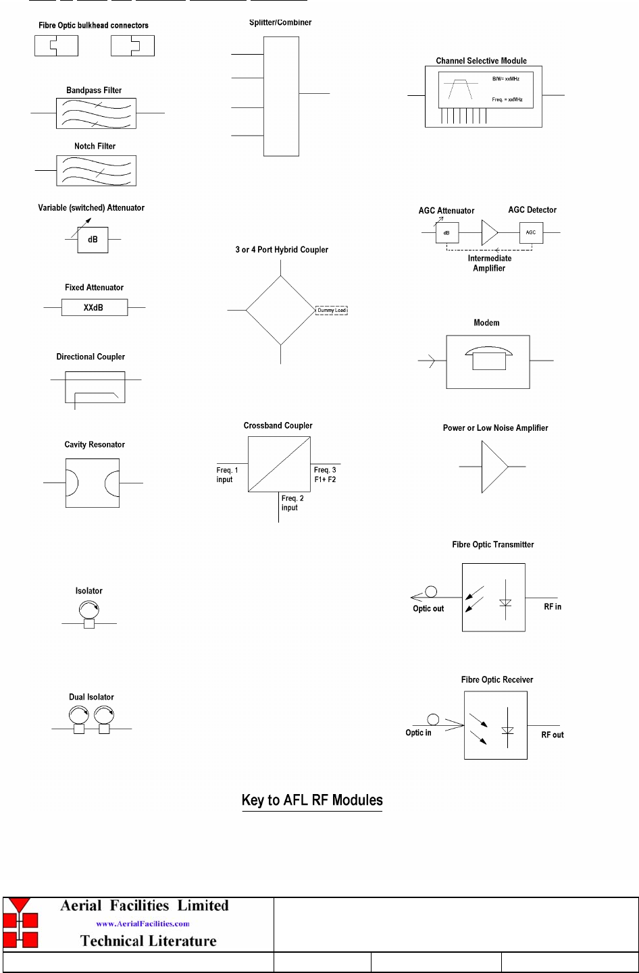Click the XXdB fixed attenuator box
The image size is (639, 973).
click(x=95, y=308)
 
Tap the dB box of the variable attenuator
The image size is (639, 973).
click(x=93, y=240)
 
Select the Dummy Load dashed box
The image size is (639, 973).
click(x=332, y=311)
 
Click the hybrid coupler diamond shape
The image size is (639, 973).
click(x=280, y=311)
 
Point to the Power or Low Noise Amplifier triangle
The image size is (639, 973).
click(x=492, y=467)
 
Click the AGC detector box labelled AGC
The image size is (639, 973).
click(x=531, y=232)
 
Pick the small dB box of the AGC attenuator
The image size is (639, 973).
click(x=447, y=233)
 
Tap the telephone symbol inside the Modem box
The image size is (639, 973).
click(x=489, y=359)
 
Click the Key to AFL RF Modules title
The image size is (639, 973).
click(x=312, y=800)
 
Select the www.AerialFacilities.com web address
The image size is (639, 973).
click(x=143, y=924)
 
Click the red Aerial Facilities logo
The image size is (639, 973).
click(x=20, y=923)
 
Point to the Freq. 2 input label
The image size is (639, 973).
click(x=292, y=503)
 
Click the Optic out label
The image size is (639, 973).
click(x=428, y=608)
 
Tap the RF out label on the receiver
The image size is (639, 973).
click(x=553, y=735)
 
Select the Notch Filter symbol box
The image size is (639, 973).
click(x=97, y=171)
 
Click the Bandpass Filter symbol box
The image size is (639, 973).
click(x=97, y=113)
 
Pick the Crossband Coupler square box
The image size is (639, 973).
click(x=279, y=464)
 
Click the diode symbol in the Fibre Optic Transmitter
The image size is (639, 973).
click(x=505, y=602)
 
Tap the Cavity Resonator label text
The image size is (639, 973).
click(x=95, y=444)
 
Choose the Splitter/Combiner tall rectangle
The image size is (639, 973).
click(x=281, y=97)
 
